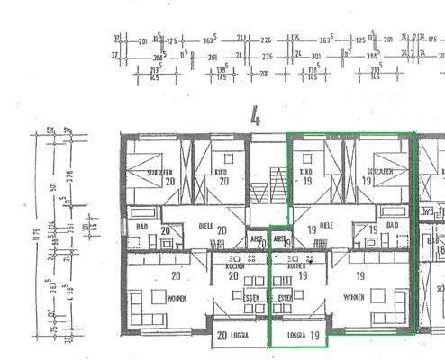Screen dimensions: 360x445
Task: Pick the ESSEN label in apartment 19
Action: tap(287, 296)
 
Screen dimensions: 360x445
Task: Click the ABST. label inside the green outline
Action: tap(279, 239)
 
